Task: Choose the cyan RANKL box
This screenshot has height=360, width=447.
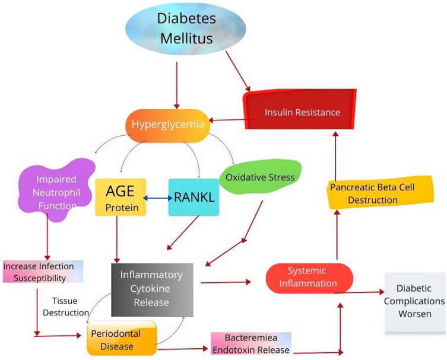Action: [x=194, y=196]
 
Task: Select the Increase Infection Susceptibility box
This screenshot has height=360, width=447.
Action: [x=42, y=272]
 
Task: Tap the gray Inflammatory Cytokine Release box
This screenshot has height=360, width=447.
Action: [x=153, y=289]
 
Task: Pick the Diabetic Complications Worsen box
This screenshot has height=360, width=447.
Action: [x=415, y=301]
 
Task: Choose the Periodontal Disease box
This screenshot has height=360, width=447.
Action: [x=121, y=338]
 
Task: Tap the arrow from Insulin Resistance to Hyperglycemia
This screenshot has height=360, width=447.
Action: [x=227, y=121]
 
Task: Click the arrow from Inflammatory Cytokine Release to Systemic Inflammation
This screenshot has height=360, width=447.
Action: [x=226, y=283]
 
